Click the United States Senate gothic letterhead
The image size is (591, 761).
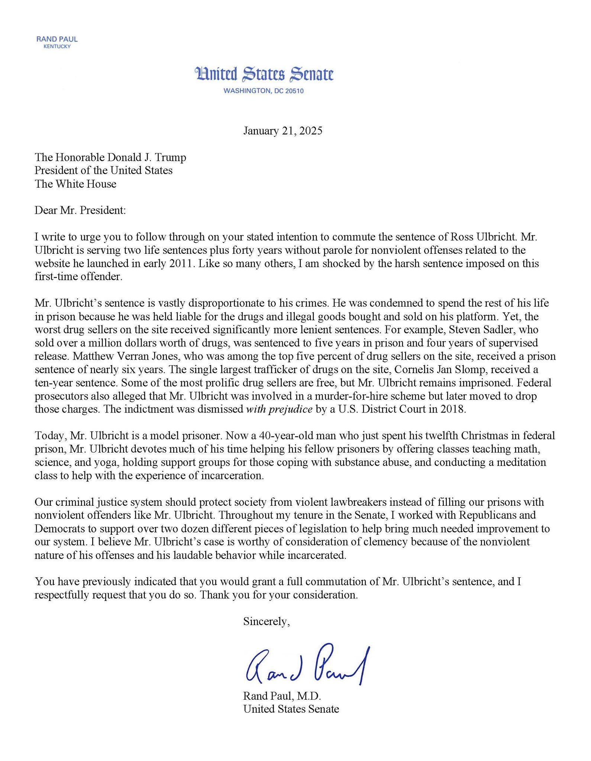pos(264,74)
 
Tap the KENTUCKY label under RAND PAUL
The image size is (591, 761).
pos(57,46)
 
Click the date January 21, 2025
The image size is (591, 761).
pos(283,131)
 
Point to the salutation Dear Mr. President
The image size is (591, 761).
pos(80,210)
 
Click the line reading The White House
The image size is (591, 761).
pos(75,184)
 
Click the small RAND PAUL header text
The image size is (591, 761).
pos(57,39)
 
